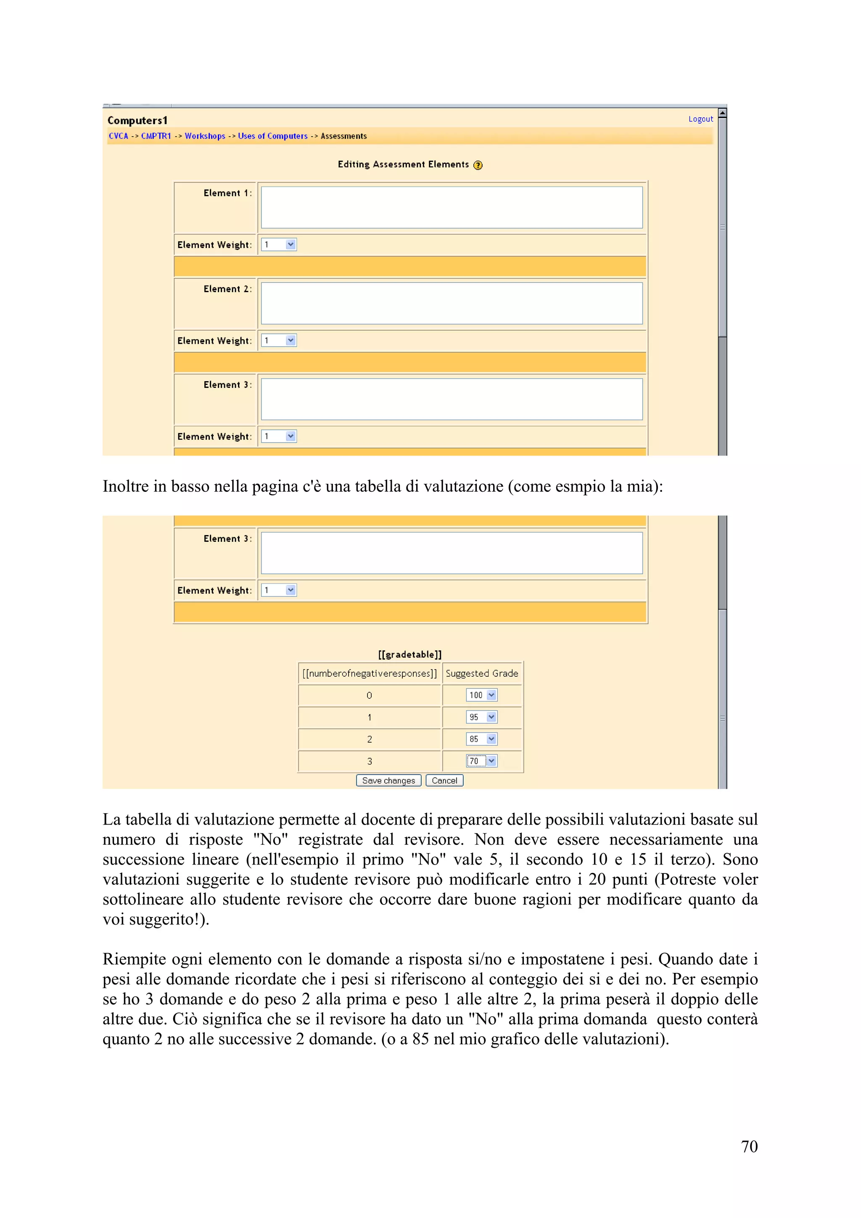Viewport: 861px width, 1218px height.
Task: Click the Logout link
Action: coord(700,119)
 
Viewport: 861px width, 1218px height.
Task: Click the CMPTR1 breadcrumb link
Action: coord(156,136)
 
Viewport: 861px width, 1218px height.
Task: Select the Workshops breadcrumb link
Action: coord(205,136)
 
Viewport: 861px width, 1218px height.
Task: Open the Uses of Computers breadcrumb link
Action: coord(273,136)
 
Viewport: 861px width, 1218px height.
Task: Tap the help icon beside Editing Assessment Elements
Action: coord(478,166)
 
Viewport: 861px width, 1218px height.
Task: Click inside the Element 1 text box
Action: coord(452,208)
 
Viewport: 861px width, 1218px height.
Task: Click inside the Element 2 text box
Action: coord(452,303)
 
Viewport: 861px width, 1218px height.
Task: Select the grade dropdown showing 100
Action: coord(482,695)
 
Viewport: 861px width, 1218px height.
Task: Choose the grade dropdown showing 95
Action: coord(482,717)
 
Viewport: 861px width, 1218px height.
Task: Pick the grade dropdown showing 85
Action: coord(482,739)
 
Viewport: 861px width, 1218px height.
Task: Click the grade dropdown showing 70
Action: coord(482,761)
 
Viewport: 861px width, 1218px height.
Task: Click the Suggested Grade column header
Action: coord(482,674)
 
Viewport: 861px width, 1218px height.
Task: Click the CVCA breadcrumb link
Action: coord(118,136)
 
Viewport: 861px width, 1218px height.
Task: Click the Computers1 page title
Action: coord(137,121)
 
